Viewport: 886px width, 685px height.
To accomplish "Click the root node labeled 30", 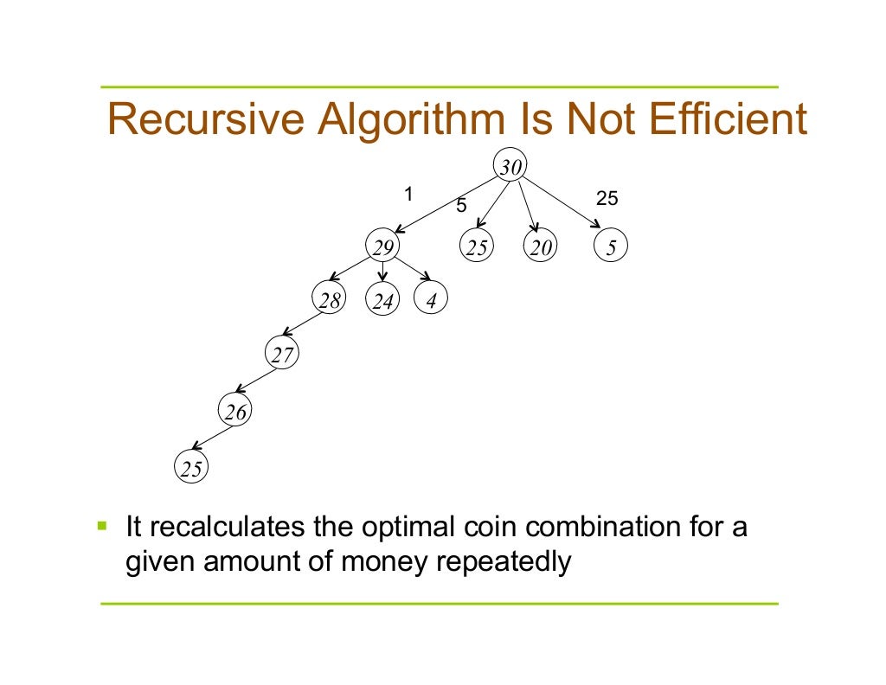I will coord(510,167).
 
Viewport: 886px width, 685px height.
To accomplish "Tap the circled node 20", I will coord(541,248).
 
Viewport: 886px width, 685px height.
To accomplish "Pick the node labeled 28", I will coord(329,300).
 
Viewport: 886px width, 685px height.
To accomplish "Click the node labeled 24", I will coord(383,301).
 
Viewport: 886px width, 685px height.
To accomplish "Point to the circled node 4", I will coord(431,300).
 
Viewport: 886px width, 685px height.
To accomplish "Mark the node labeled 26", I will coord(235,413).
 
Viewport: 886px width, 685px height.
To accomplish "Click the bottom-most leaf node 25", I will coord(191,468).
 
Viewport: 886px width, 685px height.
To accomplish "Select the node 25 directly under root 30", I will coord(476,248).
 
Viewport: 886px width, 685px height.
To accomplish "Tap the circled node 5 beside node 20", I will coord(611,248).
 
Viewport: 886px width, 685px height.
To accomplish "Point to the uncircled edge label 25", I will coord(607,199).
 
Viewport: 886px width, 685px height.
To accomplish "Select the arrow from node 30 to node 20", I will coord(527,206).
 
